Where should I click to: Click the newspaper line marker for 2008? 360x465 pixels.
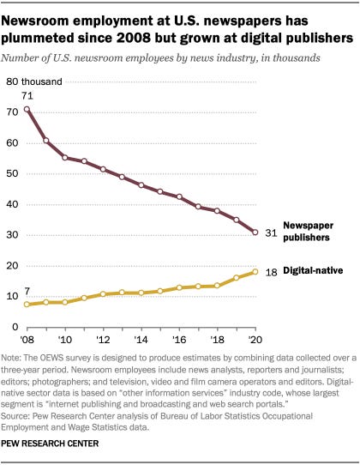click(27, 109)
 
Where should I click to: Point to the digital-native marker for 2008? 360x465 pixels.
click(27, 305)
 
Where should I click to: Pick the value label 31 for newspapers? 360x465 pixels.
click(268, 232)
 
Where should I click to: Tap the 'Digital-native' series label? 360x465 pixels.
click(313, 271)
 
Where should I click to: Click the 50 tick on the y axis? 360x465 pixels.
click(13, 173)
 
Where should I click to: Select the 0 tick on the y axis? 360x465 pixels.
click(15, 327)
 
